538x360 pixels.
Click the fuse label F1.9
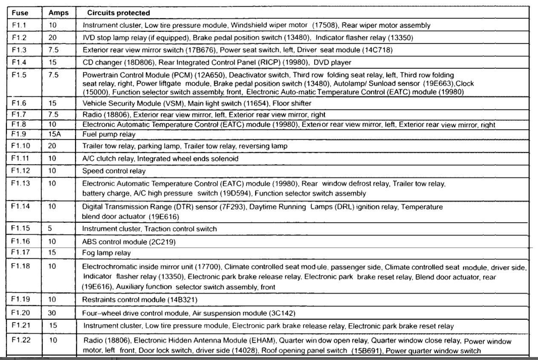[20, 134]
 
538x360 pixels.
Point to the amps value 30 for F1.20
[53, 313]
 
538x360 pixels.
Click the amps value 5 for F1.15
[50, 229]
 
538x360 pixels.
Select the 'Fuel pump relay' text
[109, 134]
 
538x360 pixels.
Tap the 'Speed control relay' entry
[114, 171]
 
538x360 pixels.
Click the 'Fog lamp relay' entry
[106, 253]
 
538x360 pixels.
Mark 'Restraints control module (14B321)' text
[139, 300]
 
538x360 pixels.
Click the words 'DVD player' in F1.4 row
[332, 62]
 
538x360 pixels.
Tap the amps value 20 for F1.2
[52, 37]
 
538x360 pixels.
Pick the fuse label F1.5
[20, 75]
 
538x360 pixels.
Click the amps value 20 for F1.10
[52, 146]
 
